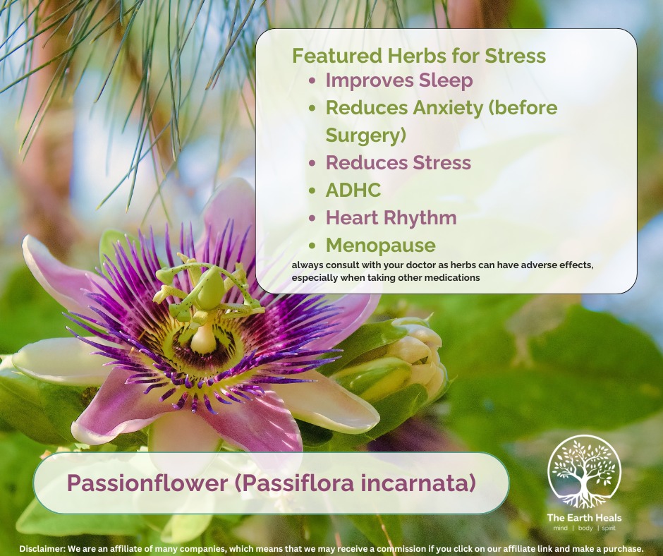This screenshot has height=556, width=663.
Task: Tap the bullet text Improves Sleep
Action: pos(399,80)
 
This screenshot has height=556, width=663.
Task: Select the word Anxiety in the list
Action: pos(448,108)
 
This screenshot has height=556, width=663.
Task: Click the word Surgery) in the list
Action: pos(366,135)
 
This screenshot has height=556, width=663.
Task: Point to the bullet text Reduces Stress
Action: pos(399,162)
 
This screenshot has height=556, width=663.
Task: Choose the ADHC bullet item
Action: pos(353,190)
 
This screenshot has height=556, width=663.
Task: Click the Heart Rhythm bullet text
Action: pos(391,218)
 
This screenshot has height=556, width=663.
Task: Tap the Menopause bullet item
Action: pos(381,246)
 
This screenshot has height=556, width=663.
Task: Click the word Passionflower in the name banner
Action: pos(147,483)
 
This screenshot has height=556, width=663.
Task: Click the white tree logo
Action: pos(584,472)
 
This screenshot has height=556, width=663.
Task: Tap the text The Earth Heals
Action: pos(584,517)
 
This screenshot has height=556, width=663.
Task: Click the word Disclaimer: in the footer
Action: pos(42,549)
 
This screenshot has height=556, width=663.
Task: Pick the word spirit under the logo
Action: pos(609,528)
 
